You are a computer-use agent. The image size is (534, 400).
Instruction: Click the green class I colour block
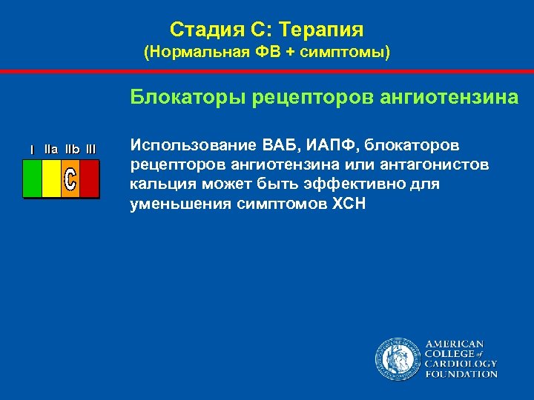click(x=33, y=179)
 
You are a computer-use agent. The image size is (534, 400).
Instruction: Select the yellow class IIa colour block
click(x=51, y=179)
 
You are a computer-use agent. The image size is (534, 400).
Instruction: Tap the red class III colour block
click(x=89, y=179)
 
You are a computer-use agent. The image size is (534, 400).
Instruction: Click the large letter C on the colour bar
click(x=70, y=179)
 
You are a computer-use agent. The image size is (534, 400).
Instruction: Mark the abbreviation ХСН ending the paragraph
click(x=346, y=204)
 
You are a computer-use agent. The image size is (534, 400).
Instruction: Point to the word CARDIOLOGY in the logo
click(x=461, y=364)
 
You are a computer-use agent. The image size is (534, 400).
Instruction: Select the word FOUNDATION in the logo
click(x=461, y=374)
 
